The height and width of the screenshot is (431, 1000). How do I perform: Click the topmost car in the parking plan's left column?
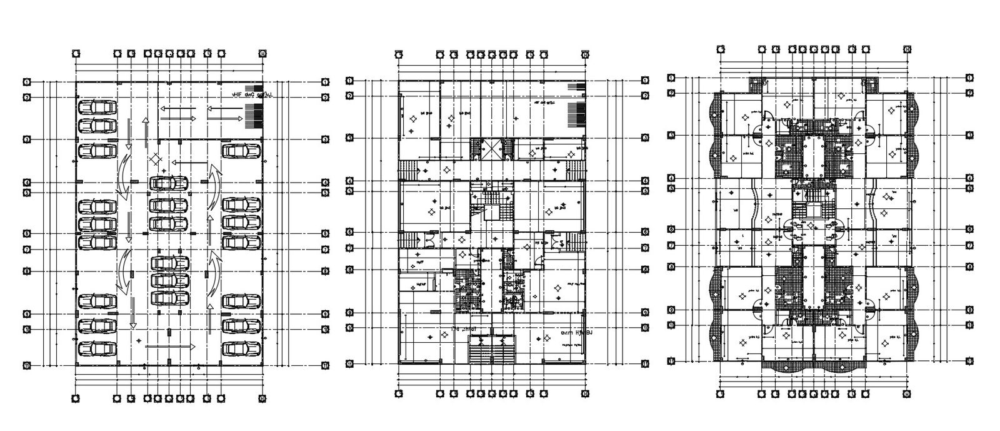click(97, 106)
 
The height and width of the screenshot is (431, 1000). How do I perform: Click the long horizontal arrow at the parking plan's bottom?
click(169, 346)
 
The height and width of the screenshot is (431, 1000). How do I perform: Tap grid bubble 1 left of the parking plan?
click(27, 81)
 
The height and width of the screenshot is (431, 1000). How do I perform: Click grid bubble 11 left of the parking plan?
click(27, 365)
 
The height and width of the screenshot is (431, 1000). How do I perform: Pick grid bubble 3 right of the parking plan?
click(325, 139)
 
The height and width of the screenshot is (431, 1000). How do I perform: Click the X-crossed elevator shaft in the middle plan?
click(491, 150)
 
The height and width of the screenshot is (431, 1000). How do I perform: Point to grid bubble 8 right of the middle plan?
click(646, 270)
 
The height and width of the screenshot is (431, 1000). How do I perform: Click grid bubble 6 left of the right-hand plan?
click(671, 229)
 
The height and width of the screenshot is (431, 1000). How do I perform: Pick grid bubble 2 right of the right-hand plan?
click(969, 93)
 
